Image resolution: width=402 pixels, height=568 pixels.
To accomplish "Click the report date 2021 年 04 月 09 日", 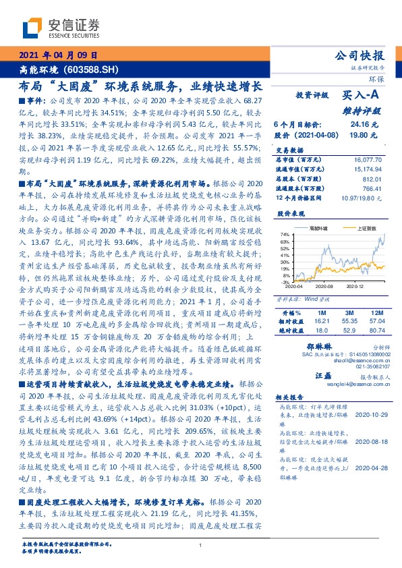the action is point(58,55).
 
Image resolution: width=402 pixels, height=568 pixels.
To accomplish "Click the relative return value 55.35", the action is point(349,303).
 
